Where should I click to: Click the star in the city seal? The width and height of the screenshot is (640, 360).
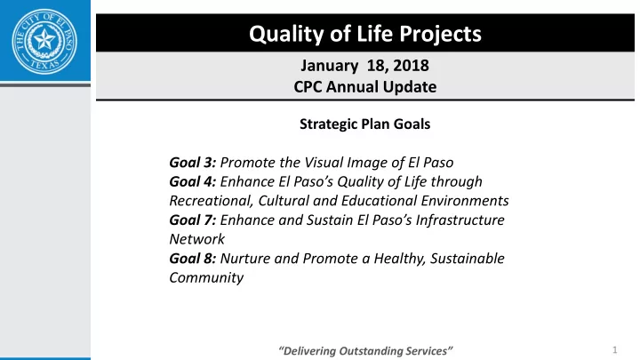(x=44, y=40)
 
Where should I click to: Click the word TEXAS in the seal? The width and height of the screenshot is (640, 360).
(x=45, y=65)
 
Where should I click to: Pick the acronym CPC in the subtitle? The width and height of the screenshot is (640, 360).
(x=308, y=86)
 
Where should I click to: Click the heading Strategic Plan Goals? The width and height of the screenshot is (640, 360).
(x=365, y=124)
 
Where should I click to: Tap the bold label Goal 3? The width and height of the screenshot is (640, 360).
(x=193, y=163)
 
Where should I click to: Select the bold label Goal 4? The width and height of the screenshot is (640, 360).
(x=193, y=181)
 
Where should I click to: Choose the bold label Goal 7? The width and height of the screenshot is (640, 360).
(x=193, y=220)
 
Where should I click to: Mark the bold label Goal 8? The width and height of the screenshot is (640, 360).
(x=193, y=259)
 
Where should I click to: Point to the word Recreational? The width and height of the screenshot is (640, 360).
(x=211, y=201)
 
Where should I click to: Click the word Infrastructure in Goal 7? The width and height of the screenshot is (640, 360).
(x=460, y=220)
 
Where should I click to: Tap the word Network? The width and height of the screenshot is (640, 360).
(x=196, y=239)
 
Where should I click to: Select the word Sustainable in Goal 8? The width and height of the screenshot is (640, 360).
(x=468, y=259)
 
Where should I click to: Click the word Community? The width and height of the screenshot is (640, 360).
(x=206, y=278)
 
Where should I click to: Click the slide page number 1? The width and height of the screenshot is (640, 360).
(x=615, y=350)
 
